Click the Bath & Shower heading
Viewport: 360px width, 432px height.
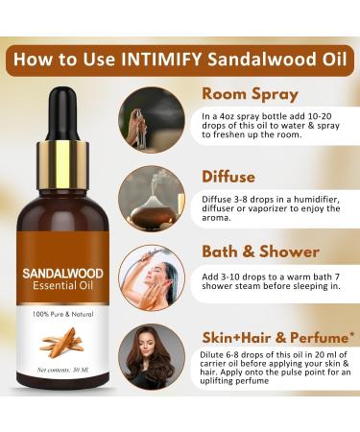pyautogui.click(x=260, y=252)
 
